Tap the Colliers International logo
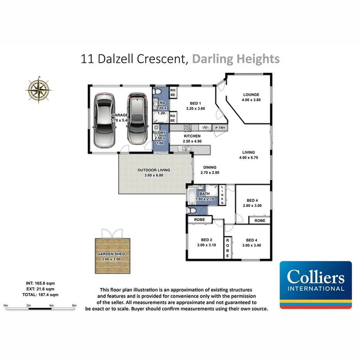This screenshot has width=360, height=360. (x=316, y=285)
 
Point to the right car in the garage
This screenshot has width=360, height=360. (x=136, y=118)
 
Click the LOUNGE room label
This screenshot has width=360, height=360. (x=251, y=95)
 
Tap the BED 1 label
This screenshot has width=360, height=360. (x=195, y=103)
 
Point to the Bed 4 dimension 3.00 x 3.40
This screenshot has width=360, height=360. (x=251, y=245)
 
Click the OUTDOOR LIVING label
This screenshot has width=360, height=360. (x=154, y=170)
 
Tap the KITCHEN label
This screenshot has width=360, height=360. (x=192, y=136)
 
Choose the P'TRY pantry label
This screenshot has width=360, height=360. (x=220, y=128)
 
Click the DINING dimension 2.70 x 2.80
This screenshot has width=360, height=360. (x=210, y=173)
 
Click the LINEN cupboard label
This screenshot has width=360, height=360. (x=222, y=195)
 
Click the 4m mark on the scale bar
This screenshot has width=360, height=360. (x=51, y=305)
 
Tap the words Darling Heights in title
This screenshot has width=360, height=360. (x=236, y=59)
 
